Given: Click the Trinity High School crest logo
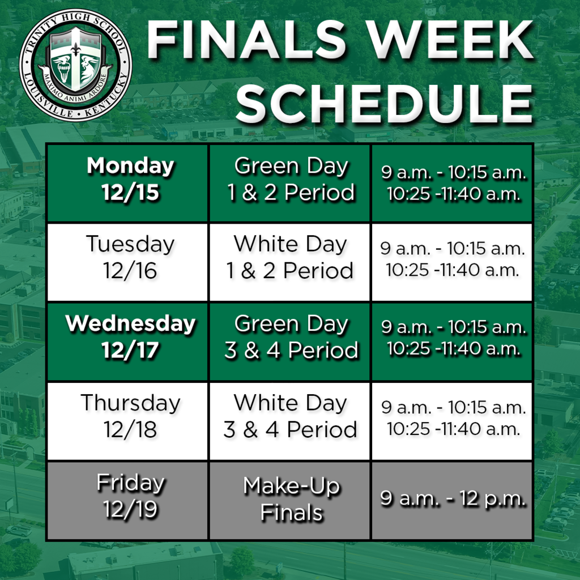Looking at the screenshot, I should pos(75,64).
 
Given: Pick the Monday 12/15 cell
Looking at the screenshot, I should pos(130,180).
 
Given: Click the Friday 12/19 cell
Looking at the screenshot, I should pos(130,497).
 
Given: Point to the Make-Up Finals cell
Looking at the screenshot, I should pos(291,499).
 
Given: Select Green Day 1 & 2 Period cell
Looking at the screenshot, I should pos(291,180).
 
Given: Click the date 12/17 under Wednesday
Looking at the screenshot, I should pos(130,351).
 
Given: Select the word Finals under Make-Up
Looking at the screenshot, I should pos(292,513).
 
